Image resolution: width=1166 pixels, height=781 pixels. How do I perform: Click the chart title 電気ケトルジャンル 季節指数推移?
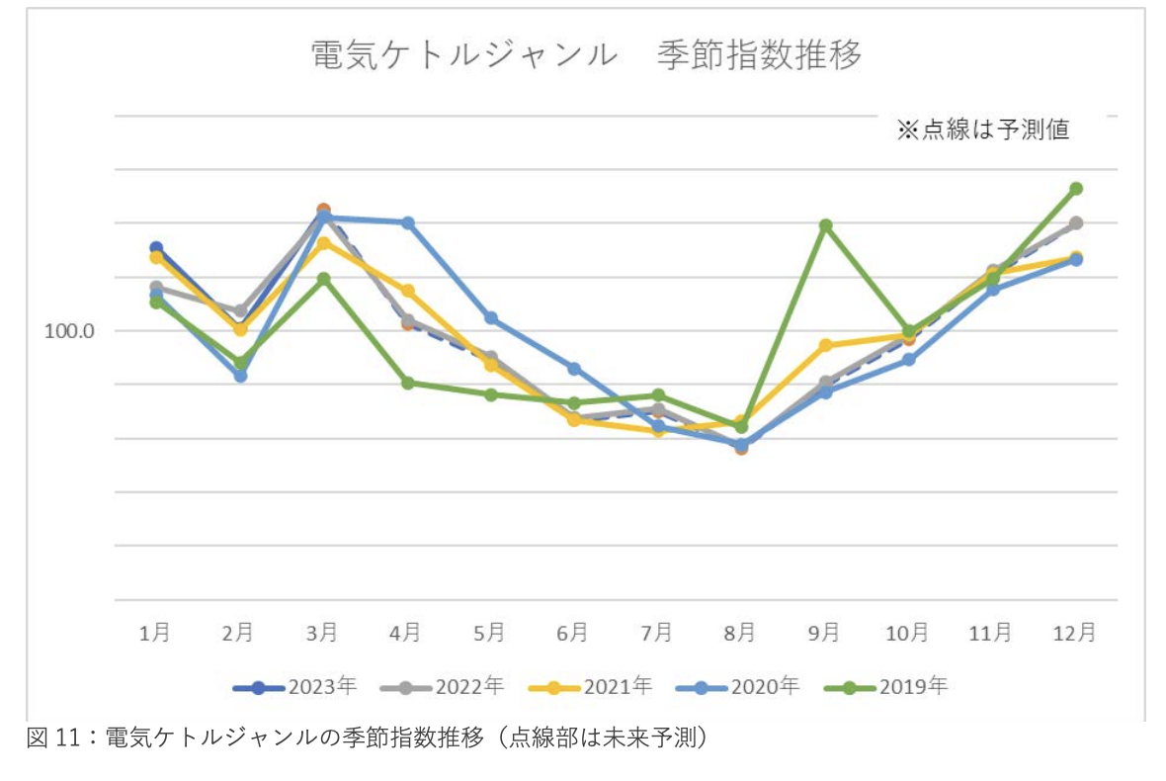[586, 55]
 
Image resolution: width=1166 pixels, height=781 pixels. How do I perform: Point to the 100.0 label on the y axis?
[69, 331]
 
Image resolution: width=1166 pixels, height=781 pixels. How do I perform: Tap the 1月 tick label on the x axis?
[155, 633]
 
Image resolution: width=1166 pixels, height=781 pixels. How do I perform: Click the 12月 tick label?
[1074, 633]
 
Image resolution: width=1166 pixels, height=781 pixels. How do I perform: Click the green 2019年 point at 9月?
[825, 225]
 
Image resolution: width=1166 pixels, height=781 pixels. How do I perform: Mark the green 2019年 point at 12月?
[1076, 188]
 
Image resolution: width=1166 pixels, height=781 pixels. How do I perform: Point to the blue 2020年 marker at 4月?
[407, 222]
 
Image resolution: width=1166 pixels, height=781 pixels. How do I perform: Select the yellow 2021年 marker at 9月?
[825, 345]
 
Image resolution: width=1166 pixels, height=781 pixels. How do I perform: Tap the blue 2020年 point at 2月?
[240, 376]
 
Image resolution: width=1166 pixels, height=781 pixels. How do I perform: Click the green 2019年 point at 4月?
[407, 383]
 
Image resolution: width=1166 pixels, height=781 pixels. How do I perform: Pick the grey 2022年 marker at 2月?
[240, 311]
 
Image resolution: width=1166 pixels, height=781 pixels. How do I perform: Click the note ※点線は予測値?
[982, 130]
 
